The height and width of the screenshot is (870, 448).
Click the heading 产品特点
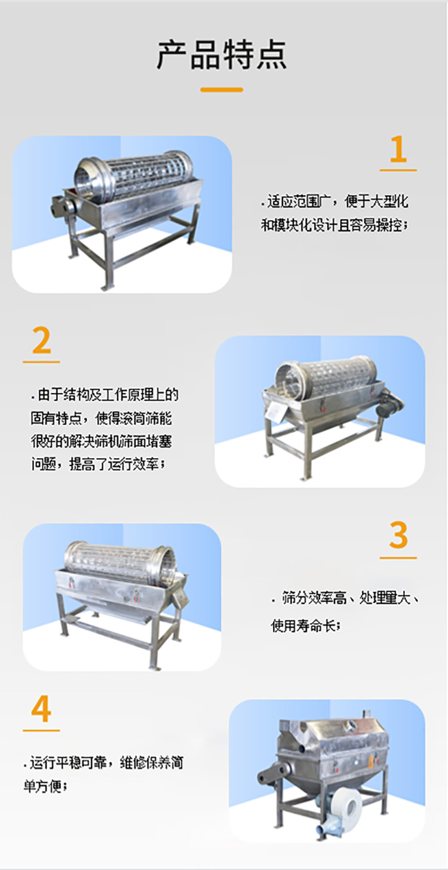click(x=222, y=55)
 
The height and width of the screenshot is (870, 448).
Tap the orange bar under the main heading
click(x=222, y=90)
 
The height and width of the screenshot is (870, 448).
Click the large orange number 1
click(x=398, y=149)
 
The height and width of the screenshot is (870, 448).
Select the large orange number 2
click(x=41, y=341)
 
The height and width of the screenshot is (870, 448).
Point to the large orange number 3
click(x=398, y=535)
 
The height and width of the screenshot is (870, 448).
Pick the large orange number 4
click(x=41, y=710)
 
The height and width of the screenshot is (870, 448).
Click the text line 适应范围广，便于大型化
click(x=335, y=201)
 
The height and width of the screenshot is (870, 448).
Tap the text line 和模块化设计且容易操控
click(x=334, y=225)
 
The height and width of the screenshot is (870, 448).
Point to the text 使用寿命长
click(x=305, y=626)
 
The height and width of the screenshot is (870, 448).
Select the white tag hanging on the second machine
click(x=275, y=412)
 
